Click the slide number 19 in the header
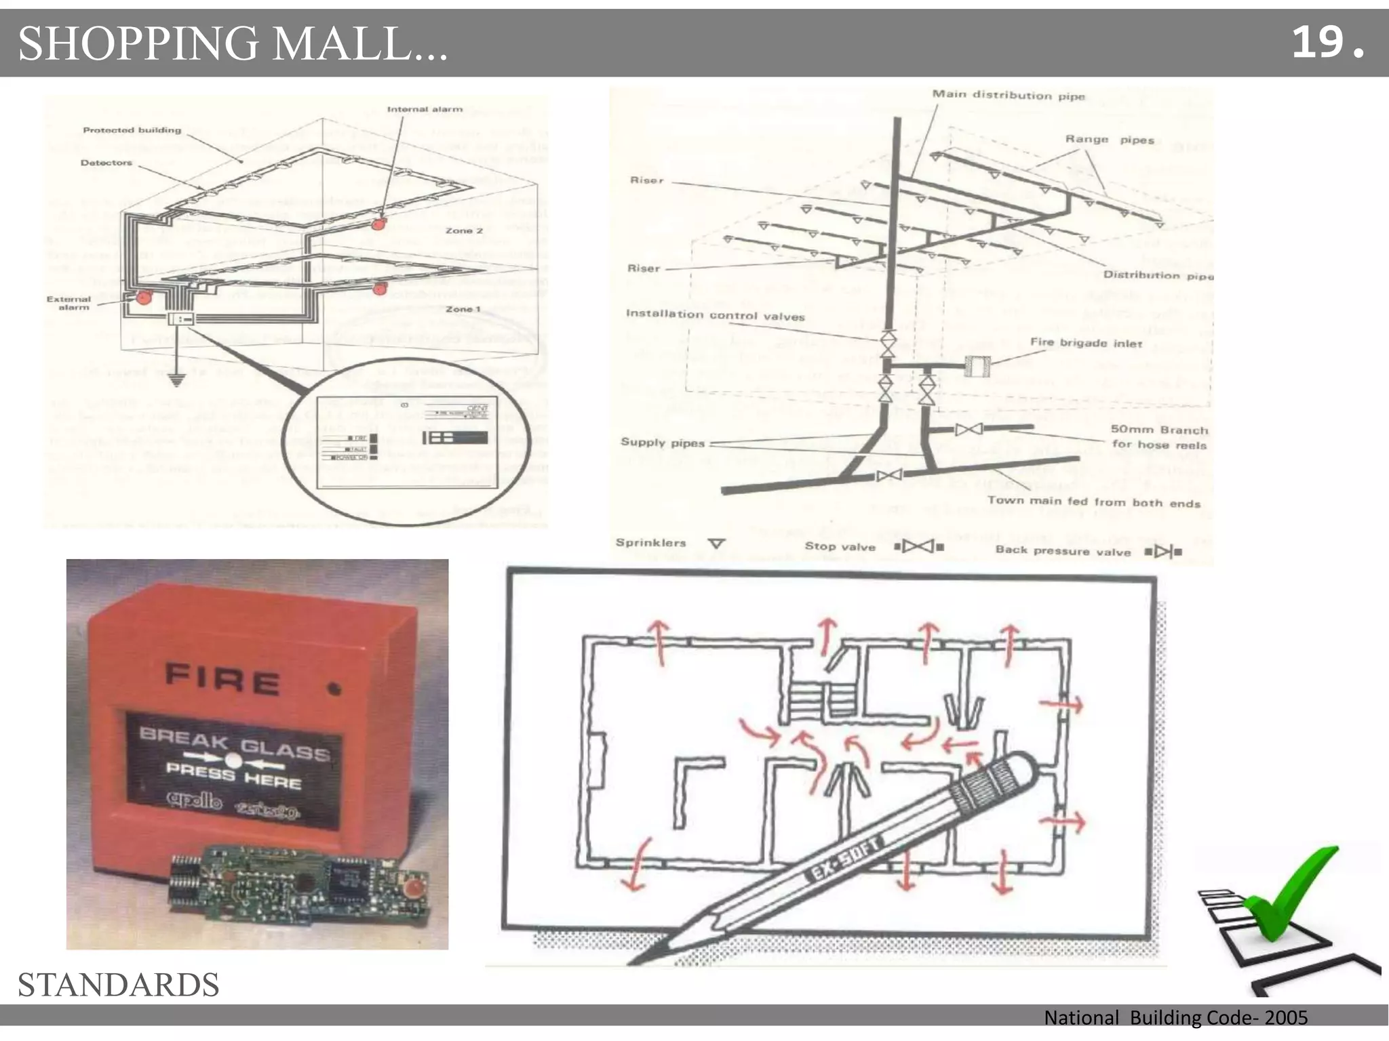[x=1318, y=42]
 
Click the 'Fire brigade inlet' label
[x=1086, y=343]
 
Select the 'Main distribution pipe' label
[x=1008, y=96]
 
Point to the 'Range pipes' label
[x=1109, y=140]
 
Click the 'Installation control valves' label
[x=715, y=315]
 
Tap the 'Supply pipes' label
[x=663, y=443]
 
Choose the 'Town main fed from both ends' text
[x=1093, y=502]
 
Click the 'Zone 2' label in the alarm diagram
[x=464, y=231]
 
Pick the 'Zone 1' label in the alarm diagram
[x=463, y=309]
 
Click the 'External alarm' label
[x=69, y=303]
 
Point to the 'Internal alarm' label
[x=425, y=109]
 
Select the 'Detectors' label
[x=106, y=163]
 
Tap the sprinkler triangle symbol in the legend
[x=717, y=544]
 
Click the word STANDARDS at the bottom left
[x=118, y=985]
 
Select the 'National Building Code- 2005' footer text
[x=1175, y=1017]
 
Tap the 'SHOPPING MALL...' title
[x=233, y=43]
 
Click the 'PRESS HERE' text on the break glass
[x=233, y=775]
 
